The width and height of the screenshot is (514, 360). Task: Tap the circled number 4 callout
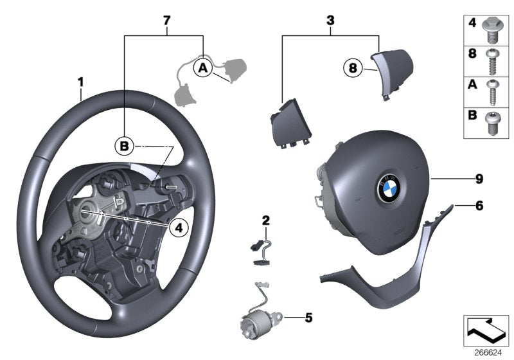pyautogui.click(x=180, y=226)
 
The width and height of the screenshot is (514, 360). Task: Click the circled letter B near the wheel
pyautogui.click(x=124, y=146)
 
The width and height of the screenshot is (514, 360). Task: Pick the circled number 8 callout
pyautogui.click(x=353, y=66)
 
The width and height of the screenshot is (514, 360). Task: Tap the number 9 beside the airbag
pyautogui.click(x=479, y=179)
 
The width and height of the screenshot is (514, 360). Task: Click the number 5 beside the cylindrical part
pyautogui.click(x=308, y=316)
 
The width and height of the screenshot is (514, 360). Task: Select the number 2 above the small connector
pyautogui.click(x=265, y=221)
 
